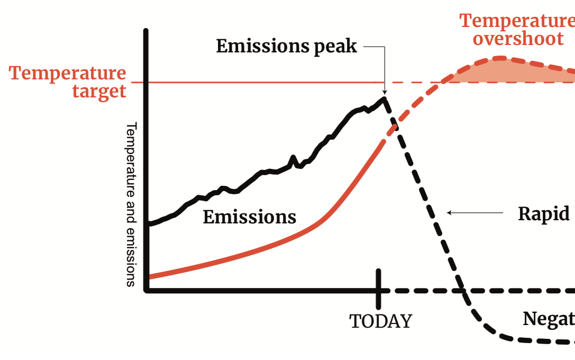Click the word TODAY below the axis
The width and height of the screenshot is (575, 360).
tap(380, 321)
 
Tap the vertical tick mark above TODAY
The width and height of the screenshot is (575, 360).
tap(379, 289)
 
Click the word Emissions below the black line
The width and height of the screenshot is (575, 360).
tap(249, 217)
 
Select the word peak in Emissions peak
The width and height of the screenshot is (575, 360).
tap(335, 47)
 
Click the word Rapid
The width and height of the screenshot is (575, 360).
tap(543, 214)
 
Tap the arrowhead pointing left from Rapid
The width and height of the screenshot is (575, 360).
tap(450, 213)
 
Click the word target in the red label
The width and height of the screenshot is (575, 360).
tap(99, 91)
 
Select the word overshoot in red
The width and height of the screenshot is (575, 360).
tap(518, 39)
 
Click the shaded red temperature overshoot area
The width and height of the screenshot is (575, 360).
tap(508, 71)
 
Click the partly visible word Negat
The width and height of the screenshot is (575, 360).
tap(548, 319)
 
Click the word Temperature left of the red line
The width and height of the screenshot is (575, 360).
tap(68, 73)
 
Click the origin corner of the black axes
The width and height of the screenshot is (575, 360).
tap(147, 290)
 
